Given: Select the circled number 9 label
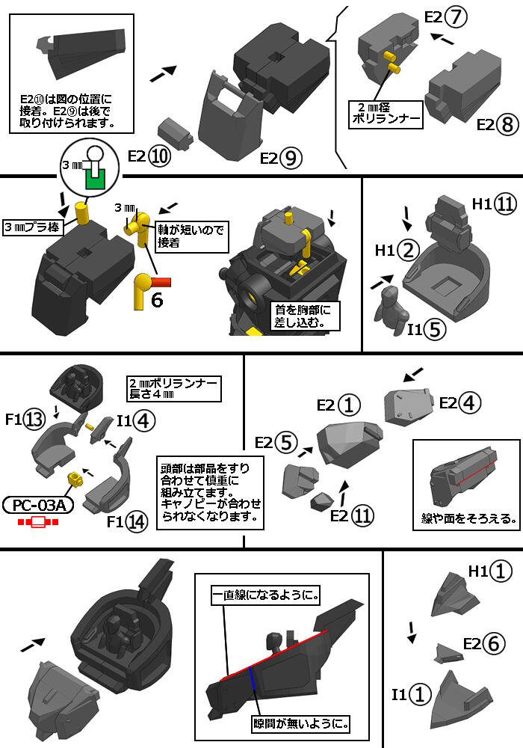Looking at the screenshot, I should pos(291,158).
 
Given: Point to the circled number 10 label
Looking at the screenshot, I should pos(158,156).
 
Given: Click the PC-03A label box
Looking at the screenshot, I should pos(38,506).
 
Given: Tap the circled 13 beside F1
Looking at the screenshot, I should pos(34,420).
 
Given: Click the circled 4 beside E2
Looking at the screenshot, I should pos(469,402).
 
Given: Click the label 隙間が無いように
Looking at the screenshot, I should pos(300,724).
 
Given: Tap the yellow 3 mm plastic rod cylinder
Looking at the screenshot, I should pos(84,213).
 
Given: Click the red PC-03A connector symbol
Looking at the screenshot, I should pos(38,522).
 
